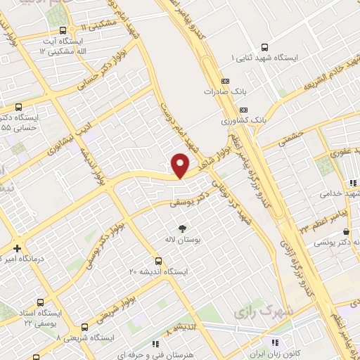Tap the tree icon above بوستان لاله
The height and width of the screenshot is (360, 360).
pyautogui.click(x=183, y=228)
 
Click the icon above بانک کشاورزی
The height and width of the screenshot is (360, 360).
pyautogui.click(x=243, y=110)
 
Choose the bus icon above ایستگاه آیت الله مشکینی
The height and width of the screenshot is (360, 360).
pyautogui.click(x=64, y=30)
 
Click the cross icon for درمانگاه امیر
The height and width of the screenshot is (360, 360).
pyautogui.click(x=17, y=248)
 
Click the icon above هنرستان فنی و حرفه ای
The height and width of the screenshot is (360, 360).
pyautogui.click(x=155, y=344)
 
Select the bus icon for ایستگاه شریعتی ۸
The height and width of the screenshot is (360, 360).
pyautogui.click(x=85, y=327)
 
